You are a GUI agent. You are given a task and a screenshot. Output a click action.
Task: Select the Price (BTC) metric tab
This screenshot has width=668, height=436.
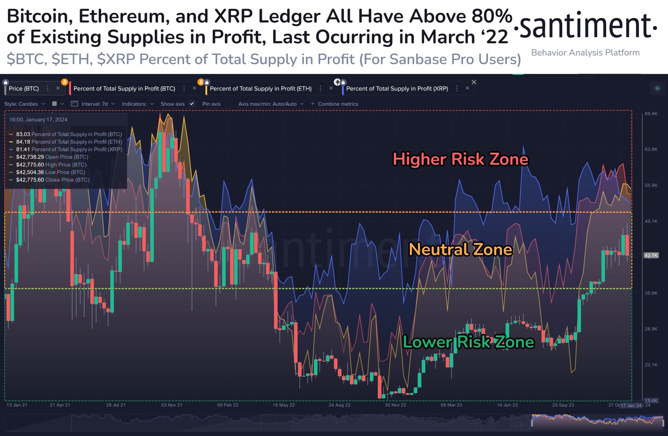tap(24, 89)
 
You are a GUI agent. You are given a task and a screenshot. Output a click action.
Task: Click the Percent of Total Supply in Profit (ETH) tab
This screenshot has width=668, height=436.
tap(261, 89)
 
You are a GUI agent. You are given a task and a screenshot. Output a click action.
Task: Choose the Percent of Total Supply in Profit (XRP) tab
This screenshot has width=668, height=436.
tap(397, 89)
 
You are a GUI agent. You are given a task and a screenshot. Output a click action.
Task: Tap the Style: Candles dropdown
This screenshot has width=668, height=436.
tap(25, 104)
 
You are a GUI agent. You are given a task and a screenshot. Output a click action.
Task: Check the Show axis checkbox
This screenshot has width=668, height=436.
tap(192, 104)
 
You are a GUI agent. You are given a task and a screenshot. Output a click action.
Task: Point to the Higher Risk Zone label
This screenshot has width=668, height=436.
tap(460, 159)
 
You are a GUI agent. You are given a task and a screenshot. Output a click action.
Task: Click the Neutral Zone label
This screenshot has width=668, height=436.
tap(461, 250)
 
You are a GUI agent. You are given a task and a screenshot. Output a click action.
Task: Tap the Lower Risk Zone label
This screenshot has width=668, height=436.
tap(468, 342)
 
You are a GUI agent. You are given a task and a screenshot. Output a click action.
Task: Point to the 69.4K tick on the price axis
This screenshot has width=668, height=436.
tap(651, 114)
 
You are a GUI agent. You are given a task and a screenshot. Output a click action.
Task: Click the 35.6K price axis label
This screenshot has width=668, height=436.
tap(651, 293)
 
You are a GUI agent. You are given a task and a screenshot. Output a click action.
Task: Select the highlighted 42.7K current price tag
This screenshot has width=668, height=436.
tap(651, 256)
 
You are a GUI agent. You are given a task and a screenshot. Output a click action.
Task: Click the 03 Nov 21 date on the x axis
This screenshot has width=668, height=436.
tap(172, 405)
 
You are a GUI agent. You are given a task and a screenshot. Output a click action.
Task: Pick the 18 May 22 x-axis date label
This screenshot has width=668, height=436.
tap(284, 405)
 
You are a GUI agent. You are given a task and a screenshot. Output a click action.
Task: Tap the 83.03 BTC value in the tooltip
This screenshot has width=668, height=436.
tap(23, 134)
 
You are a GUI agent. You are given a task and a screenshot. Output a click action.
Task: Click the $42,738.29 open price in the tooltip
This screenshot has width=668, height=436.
tap(30, 157)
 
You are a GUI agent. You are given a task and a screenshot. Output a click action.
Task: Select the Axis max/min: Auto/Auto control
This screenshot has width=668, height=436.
tap(267, 104)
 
